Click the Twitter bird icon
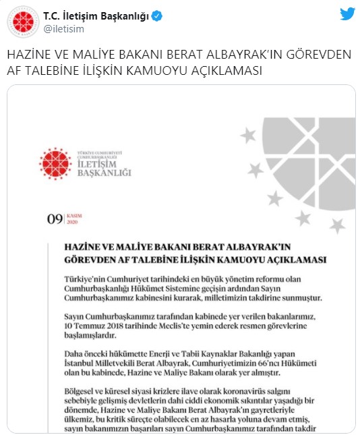[347, 14]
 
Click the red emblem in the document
[55, 163]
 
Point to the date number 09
[53, 218]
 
